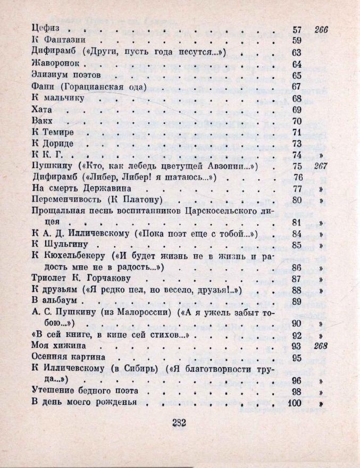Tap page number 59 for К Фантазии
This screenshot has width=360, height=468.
[x=297, y=40]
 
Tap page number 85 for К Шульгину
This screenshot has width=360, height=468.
[x=297, y=245]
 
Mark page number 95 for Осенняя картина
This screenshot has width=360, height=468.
[x=297, y=357]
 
